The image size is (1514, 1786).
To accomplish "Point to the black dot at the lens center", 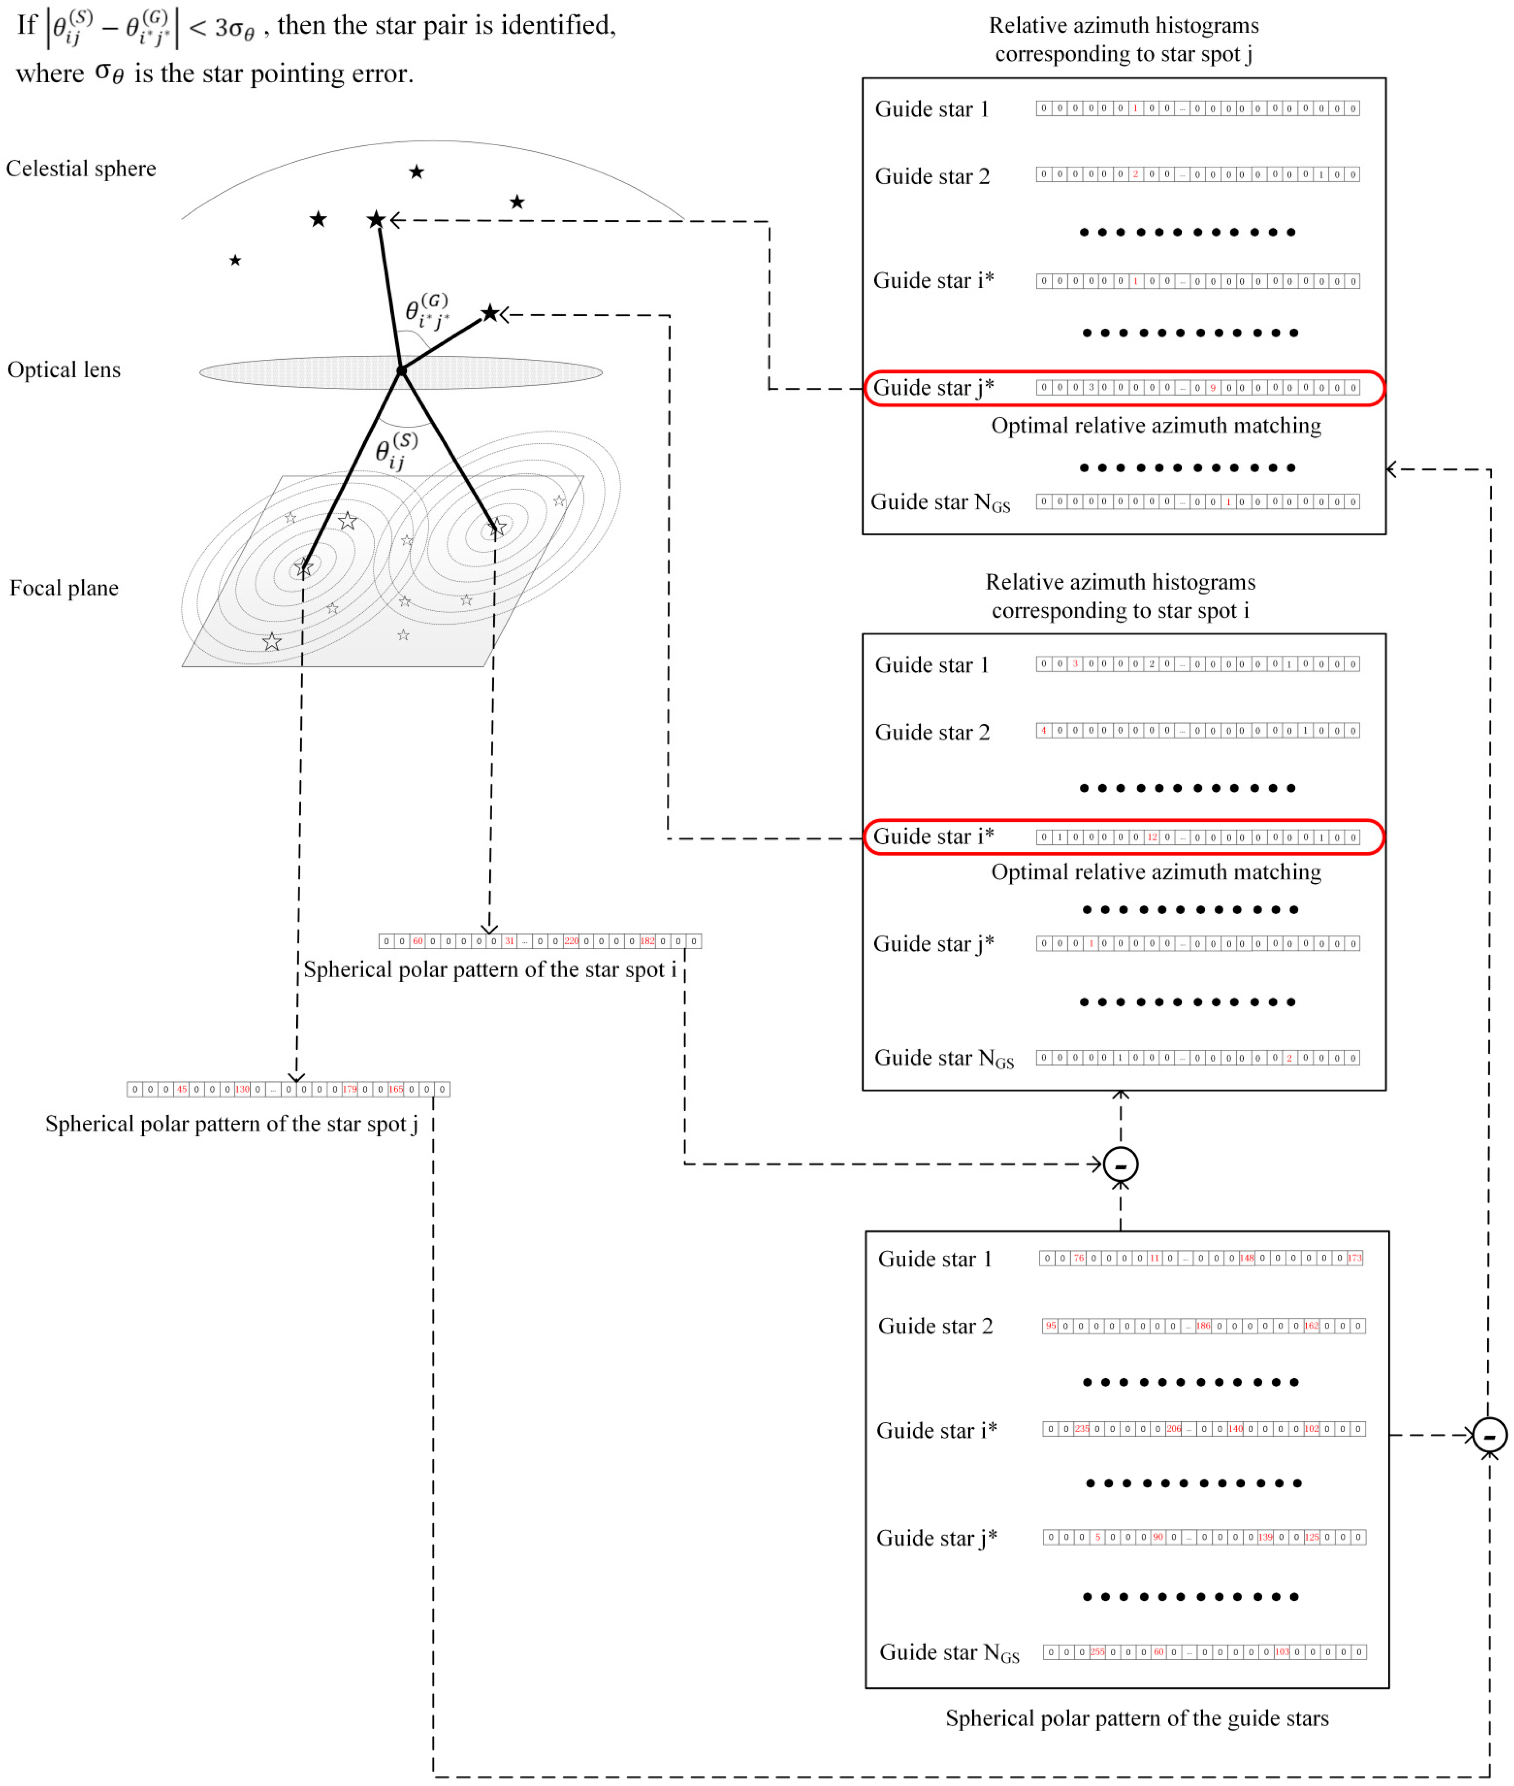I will (x=401, y=371).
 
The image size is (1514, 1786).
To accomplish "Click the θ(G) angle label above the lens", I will (x=427, y=311).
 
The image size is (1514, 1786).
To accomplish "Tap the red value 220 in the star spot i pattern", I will (x=571, y=942).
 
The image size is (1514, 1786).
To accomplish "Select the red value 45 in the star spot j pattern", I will (x=182, y=1089).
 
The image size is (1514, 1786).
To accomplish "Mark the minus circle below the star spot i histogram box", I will (x=1120, y=1165).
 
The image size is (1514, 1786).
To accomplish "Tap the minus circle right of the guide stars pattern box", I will (x=1489, y=1435).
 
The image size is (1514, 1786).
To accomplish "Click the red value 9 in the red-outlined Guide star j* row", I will (x=1213, y=388).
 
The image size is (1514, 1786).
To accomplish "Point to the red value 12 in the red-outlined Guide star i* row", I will (x=1152, y=837).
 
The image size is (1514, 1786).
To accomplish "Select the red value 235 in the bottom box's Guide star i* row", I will (x=1082, y=1429).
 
